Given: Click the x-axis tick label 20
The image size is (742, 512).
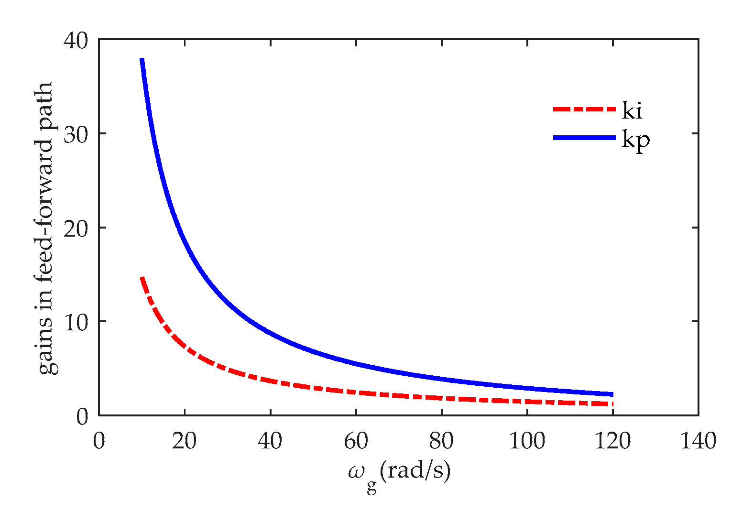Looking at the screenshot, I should (x=185, y=441).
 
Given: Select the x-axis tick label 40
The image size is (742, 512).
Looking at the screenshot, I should (x=270, y=441).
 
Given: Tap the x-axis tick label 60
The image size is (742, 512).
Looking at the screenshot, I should (x=356, y=441).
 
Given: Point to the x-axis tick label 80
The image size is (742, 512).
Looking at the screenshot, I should (x=441, y=441).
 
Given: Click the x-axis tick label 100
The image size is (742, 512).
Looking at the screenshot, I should (x=527, y=441).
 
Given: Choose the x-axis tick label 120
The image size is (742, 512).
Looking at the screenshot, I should (x=612, y=441).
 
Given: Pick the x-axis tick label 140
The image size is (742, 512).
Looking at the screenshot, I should (x=698, y=441).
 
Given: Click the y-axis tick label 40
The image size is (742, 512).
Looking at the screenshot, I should (x=76, y=40).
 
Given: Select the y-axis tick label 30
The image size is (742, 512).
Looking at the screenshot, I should (x=76, y=134).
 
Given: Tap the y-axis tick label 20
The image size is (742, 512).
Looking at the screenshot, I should (x=76, y=228).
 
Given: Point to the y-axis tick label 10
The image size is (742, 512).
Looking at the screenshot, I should (x=76, y=321).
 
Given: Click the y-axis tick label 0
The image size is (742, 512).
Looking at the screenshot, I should (x=82, y=415).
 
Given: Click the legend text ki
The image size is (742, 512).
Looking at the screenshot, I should (x=632, y=111).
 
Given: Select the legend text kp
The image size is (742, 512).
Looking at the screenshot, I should (x=636, y=140).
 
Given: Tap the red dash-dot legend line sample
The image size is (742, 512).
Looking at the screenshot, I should (x=584, y=109).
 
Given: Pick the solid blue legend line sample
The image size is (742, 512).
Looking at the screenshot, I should (x=584, y=138).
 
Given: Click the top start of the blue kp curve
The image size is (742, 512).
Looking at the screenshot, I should (x=142, y=60).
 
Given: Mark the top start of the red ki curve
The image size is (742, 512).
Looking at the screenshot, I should (x=142, y=278).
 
